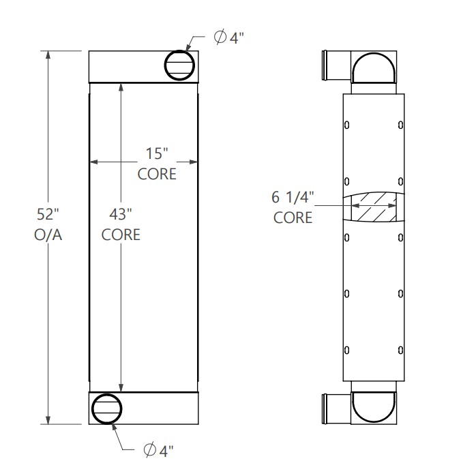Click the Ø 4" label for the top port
228,38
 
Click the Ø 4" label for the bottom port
159,449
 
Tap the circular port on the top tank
180,65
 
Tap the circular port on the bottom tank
107,408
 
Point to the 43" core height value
121,215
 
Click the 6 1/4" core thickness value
293,198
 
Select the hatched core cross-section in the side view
373,207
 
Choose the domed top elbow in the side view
373,68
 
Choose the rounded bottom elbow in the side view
373,407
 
